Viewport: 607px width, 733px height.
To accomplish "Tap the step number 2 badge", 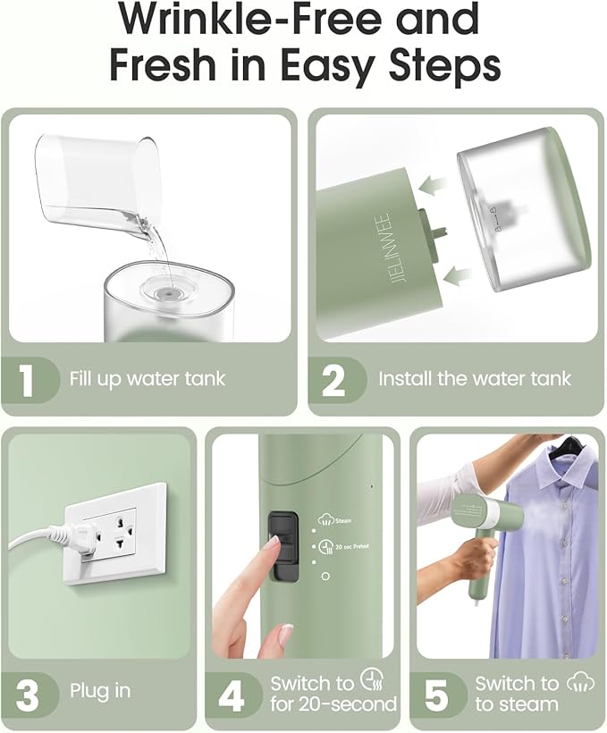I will pos(333,379).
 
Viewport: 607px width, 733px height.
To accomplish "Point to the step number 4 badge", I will pos(232,695).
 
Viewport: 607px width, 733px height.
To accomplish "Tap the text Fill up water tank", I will pos(148,379).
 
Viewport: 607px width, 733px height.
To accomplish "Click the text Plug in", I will pos(100,691).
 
